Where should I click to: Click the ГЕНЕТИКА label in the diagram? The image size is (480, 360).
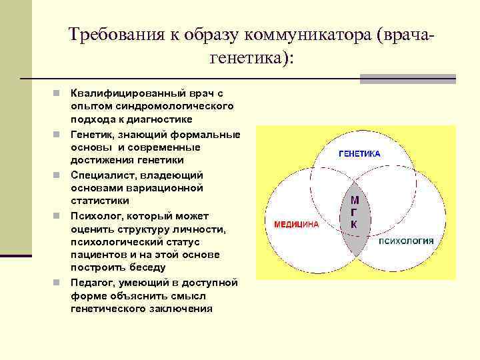tap(359, 153)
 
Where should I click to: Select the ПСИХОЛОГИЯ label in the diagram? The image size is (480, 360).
tap(407, 241)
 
